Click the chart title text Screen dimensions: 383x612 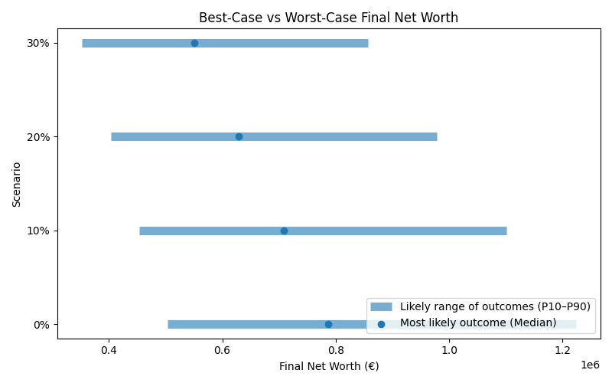pyautogui.click(x=328, y=18)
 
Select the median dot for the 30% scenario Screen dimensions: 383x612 pyautogui.click(x=194, y=43)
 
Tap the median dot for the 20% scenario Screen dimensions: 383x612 pyautogui.click(x=239, y=136)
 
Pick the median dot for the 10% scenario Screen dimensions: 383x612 pyautogui.click(x=284, y=231)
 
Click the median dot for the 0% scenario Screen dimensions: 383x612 pyautogui.click(x=328, y=324)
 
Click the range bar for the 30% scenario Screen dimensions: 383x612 pyautogui.click(x=306, y=43)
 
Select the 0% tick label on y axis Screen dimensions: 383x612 pyautogui.click(x=41, y=325)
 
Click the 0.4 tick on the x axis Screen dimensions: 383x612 pyautogui.click(x=109, y=350)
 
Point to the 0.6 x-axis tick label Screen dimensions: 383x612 pyautogui.click(x=222, y=350)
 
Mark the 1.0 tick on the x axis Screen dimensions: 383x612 pyautogui.click(x=449, y=350)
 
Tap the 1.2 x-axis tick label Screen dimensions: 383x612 pyautogui.click(x=562, y=350)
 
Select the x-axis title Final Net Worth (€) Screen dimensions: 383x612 pyautogui.click(x=328, y=366)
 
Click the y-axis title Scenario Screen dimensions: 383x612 pyautogui.click(x=16, y=183)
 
